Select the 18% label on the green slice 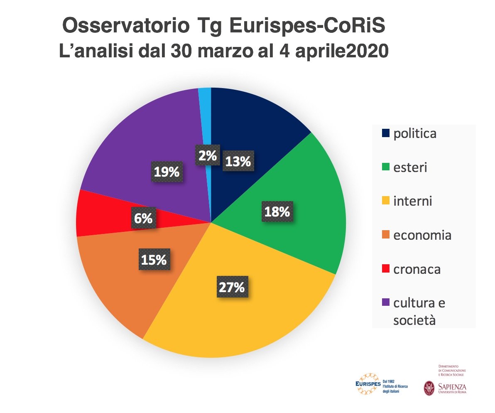[277, 211]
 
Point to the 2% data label [207, 155]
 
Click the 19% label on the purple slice [167, 171]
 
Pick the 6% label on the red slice [143, 218]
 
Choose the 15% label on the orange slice [153, 260]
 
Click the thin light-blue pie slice [205, 116]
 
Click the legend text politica [415, 134]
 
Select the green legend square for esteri [385, 168]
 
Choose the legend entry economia [422, 236]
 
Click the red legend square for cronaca [385, 269]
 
